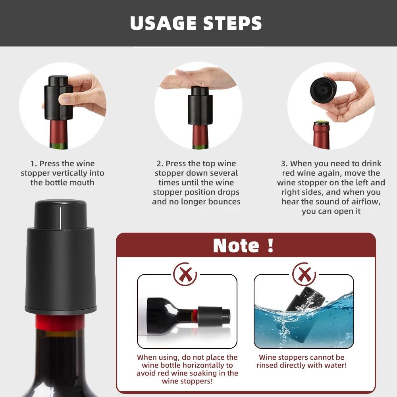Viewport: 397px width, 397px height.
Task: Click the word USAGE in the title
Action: coord(164,23)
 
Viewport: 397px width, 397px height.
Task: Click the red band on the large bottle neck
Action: coord(60,322)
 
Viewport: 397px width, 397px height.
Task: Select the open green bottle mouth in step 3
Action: coord(322,123)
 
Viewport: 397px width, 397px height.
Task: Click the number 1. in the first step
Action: coord(34,164)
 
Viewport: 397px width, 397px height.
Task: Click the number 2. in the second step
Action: coord(160,164)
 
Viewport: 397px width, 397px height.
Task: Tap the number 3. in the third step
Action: coord(284,164)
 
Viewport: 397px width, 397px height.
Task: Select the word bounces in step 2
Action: coord(226,202)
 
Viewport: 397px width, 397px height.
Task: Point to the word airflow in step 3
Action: coord(365,202)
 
